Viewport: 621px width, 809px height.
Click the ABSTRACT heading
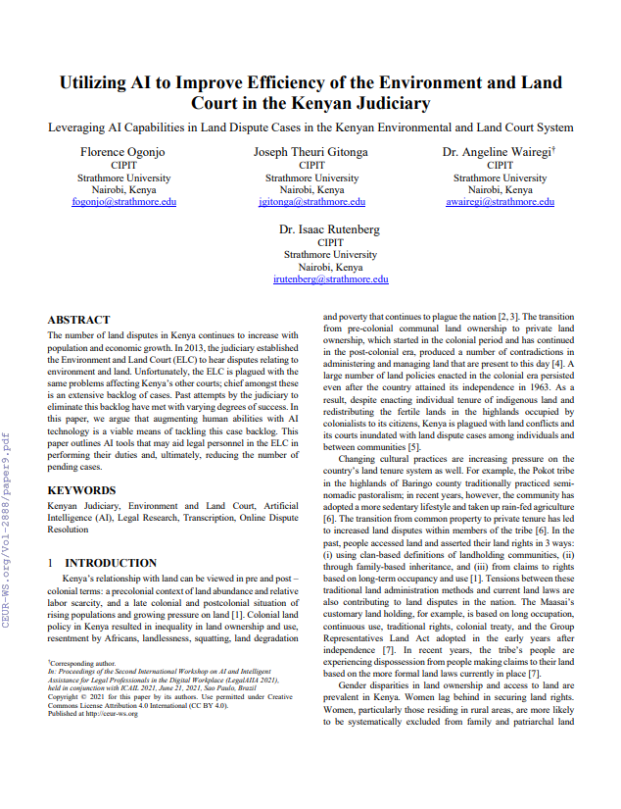click(x=78, y=320)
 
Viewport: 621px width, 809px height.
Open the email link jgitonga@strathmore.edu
click(x=311, y=202)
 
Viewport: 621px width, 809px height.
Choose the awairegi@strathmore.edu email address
click(x=500, y=202)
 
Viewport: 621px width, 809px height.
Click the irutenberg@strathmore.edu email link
click(x=330, y=279)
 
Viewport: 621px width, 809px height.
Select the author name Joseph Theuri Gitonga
click(x=311, y=153)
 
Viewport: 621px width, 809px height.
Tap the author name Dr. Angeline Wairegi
click(x=499, y=153)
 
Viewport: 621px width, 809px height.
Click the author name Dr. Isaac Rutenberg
click(x=330, y=229)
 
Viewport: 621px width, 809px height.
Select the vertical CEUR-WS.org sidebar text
click(x=9, y=538)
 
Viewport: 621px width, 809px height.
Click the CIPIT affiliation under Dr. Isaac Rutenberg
click(x=330, y=242)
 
